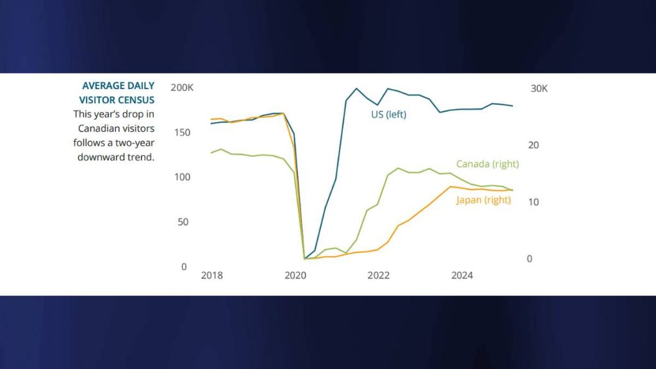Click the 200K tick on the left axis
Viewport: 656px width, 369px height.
click(x=182, y=87)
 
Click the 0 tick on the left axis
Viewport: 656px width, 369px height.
click(x=184, y=266)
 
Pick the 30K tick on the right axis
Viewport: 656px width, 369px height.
click(x=539, y=88)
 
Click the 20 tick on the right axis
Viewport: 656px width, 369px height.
click(x=534, y=145)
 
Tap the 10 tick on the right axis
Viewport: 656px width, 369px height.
click(x=534, y=202)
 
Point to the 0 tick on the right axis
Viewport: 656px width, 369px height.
click(x=529, y=259)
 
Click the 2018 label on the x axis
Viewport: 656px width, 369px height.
click(x=212, y=276)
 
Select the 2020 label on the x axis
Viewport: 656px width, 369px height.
click(x=295, y=276)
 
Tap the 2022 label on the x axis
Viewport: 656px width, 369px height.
click(x=379, y=276)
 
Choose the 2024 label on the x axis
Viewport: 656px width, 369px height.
click(x=462, y=276)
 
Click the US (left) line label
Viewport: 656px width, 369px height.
click(x=389, y=115)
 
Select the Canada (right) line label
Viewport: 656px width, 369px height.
click(x=487, y=164)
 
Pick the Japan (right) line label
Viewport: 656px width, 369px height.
click(x=483, y=200)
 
